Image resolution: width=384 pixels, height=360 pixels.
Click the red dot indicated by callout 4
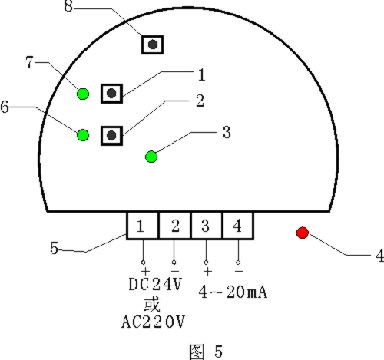[x=303, y=233]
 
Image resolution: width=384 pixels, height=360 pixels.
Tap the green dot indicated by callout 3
[x=151, y=157]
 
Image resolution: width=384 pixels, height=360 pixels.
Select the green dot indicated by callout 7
[x=83, y=94]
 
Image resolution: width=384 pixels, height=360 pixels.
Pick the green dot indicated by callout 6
[x=83, y=135]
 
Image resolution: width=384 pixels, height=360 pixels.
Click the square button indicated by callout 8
[x=153, y=45]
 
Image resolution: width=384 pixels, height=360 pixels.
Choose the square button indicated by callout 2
[x=111, y=136]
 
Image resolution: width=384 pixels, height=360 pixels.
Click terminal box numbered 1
[x=143, y=226]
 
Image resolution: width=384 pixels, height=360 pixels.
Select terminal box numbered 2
[x=175, y=226]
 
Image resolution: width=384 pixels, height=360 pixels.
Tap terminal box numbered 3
[x=207, y=226]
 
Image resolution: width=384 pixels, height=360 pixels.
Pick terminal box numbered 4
[x=238, y=226]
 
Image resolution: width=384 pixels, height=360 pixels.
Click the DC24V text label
[x=155, y=284]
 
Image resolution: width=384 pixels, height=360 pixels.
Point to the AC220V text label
[x=153, y=322]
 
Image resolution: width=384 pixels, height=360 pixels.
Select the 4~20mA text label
[x=233, y=292]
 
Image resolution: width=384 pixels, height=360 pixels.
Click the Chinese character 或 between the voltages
[x=152, y=305]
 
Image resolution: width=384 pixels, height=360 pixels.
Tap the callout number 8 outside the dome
[x=68, y=6]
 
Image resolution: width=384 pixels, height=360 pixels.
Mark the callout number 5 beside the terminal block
[x=55, y=248]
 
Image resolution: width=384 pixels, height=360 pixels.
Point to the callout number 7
[x=30, y=62]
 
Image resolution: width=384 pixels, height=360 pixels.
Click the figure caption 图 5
[x=206, y=352]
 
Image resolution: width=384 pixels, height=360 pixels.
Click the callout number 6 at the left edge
[x=5, y=107]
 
